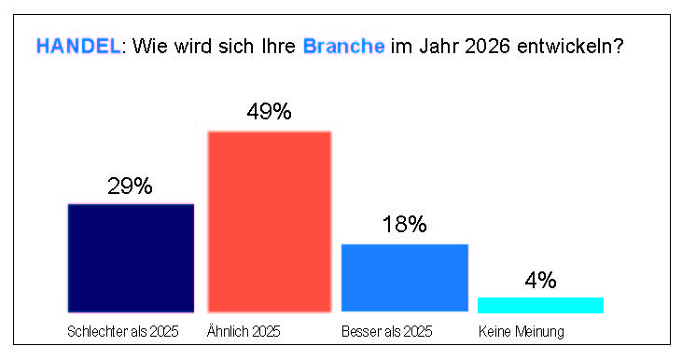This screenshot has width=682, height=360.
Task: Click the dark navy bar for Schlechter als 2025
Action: pos(131,258)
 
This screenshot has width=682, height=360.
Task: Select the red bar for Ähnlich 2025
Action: pos(270,222)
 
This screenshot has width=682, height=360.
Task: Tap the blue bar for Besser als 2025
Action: pos(405,278)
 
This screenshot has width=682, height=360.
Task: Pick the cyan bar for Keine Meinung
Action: pos(540,305)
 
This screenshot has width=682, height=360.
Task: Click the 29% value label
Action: pos(130,187)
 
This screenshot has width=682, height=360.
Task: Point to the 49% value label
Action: pos(270,111)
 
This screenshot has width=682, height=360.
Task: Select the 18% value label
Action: pos(405,225)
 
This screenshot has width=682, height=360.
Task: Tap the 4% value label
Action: pos(540,280)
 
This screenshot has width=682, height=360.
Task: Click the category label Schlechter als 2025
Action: pos(123,332)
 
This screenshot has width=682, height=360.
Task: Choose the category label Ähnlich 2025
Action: pos(244,331)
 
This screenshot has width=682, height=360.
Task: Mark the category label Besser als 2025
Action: pos(387,332)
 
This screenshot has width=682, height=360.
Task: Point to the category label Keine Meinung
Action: pos(522,332)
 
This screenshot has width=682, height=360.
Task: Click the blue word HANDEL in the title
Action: pos(78,46)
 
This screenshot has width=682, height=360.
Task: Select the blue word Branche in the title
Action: pos(343,46)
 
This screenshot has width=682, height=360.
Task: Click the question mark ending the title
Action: pos(617,46)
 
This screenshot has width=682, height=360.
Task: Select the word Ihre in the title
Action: pos(278,46)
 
